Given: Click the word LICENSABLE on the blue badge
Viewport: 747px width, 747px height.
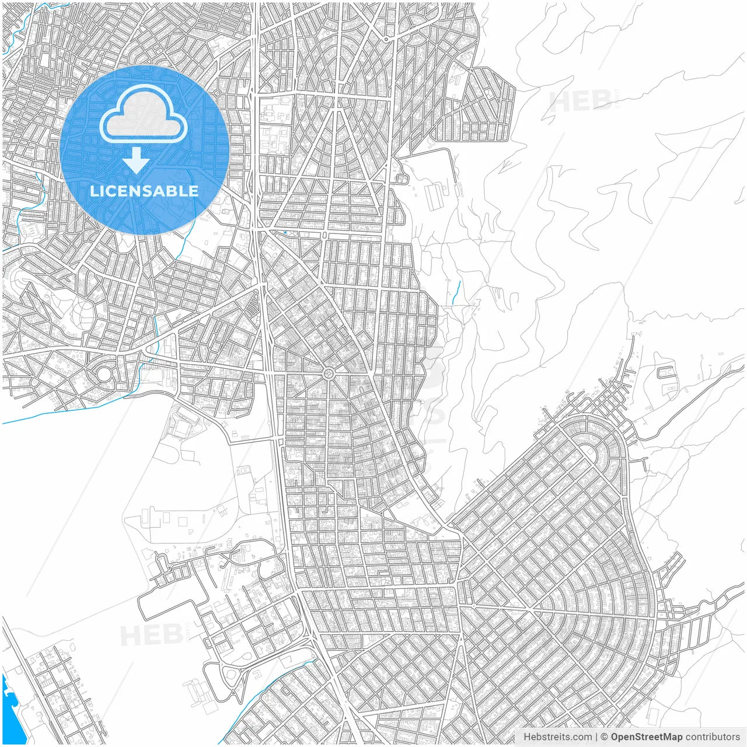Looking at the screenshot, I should pos(144,191).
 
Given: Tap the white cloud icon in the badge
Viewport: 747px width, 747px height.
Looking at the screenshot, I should pos(144,114).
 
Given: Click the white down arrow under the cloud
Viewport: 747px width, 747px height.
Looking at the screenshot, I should pos(137,160).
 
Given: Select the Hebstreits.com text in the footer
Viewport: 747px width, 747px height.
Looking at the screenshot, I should pos(557,736).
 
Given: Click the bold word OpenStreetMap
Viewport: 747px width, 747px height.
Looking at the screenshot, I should pos(646,736).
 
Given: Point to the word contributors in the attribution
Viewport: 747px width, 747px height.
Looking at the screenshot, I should pos(712,736).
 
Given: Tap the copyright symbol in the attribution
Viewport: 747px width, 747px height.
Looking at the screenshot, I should pos(605,736).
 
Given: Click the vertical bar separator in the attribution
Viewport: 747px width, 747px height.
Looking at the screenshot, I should pos(596,736).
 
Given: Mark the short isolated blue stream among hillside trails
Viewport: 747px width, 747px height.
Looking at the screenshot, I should pos(456,290).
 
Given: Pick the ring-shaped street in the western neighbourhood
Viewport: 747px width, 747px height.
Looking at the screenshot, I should pos(104,374).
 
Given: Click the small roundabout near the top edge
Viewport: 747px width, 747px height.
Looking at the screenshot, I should pos(386,39).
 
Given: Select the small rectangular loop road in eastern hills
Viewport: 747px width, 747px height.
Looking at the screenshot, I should pos(666,372).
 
